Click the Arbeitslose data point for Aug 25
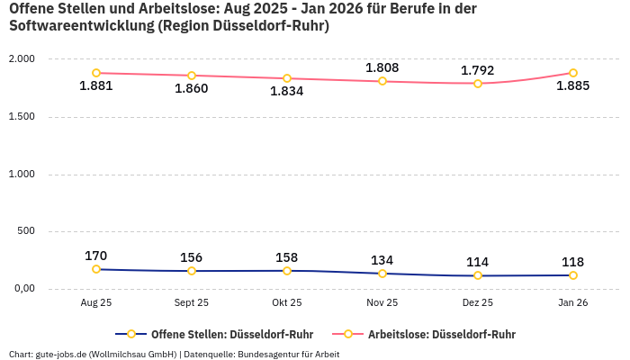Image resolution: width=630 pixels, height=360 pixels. (96, 73)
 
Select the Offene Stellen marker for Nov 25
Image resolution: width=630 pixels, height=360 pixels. (382, 274)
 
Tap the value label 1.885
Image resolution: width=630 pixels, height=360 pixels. (573, 86)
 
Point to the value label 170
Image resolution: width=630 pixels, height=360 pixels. (96, 256)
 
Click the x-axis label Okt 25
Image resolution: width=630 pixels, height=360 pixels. (287, 303)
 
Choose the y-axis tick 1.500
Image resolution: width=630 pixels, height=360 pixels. (21, 116)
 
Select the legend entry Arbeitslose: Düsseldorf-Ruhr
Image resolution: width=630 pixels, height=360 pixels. (441, 334)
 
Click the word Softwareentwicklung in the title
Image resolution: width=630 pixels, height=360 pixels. (81, 26)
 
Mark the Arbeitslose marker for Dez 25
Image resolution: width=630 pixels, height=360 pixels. (478, 84)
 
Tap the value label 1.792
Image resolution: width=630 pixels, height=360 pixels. (478, 69)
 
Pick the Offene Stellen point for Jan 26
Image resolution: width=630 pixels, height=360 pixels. (573, 275)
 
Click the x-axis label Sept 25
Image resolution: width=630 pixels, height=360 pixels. (192, 303)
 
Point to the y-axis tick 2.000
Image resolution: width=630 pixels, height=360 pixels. (21, 58)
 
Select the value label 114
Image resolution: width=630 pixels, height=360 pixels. (478, 261)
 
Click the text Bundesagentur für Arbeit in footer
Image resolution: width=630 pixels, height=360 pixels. (289, 354)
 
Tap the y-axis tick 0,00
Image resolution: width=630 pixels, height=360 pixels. (22, 289)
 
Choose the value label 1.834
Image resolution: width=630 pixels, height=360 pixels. (287, 91)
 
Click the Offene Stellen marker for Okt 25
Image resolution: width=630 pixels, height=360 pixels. (287, 271)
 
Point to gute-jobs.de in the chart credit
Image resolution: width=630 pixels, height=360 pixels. (61, 354)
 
